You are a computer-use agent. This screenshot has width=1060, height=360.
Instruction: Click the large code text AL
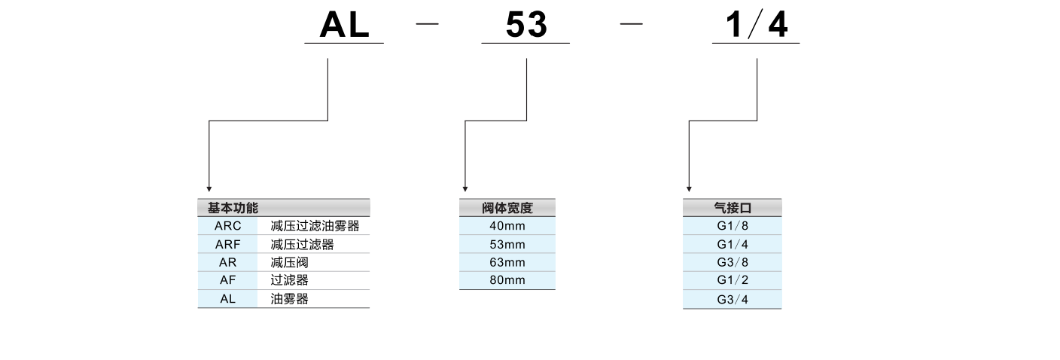(344, 26)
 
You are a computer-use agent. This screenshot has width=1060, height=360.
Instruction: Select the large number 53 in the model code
(526, 26)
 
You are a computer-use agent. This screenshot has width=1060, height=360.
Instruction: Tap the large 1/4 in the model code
(756, 26)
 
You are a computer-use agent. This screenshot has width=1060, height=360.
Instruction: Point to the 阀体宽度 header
(507, 208)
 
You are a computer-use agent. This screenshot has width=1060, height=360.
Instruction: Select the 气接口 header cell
(732, 208)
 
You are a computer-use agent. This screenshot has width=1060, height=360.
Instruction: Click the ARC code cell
(227, 226)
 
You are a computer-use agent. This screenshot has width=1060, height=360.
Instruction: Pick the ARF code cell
(227, 245)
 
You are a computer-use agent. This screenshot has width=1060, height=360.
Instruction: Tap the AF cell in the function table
(227, 280)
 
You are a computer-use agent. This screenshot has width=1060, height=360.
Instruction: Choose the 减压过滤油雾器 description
(315, 226)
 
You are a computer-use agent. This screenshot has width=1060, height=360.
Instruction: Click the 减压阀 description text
(289, 263)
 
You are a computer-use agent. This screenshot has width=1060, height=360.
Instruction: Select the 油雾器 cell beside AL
(289, 299)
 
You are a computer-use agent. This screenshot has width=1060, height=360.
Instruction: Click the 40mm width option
(507, 226)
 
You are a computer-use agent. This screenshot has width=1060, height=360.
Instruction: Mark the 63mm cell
(507, 263)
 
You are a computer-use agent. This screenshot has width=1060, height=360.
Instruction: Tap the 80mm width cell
(507, 280)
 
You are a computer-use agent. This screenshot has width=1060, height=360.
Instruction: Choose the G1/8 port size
(732, 226)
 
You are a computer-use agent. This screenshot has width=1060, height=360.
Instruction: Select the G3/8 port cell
(732, 263)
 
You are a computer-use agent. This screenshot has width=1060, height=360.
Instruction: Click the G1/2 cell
(732, 281)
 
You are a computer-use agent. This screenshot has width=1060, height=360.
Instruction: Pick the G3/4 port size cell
(732, 300)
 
